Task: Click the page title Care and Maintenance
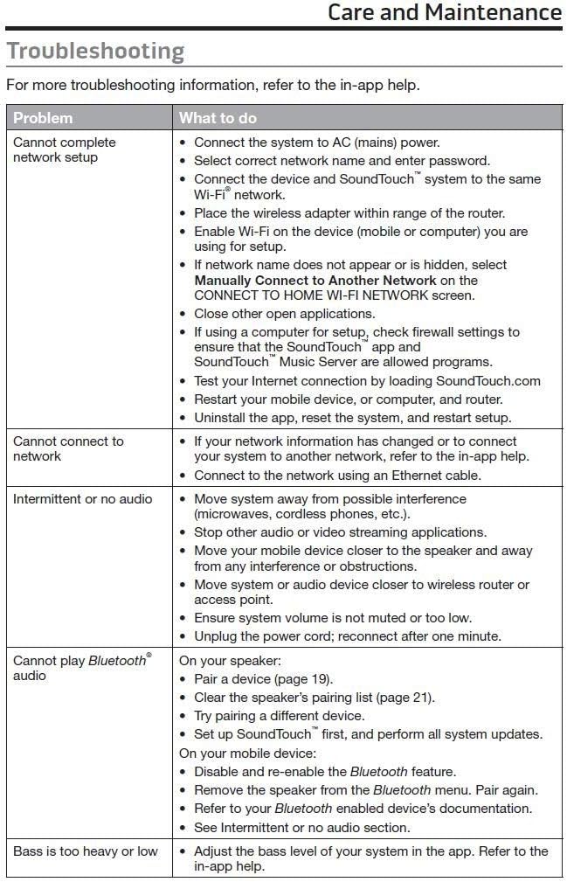[444, 13]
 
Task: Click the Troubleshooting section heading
[95, 51]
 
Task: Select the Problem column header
[43, 118]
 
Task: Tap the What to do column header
[218, 118]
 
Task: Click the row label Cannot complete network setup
[64, 149]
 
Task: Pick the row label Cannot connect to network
[68, 448]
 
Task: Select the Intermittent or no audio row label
[82, 499]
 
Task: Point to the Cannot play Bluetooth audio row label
[80, 668]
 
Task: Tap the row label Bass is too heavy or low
[86, 851]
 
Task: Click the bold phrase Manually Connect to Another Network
[315, 281]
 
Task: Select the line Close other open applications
[284, 314]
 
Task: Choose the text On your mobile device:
[248, 752]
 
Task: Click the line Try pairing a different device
[291, 716]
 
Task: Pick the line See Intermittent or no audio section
[301, 827]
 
